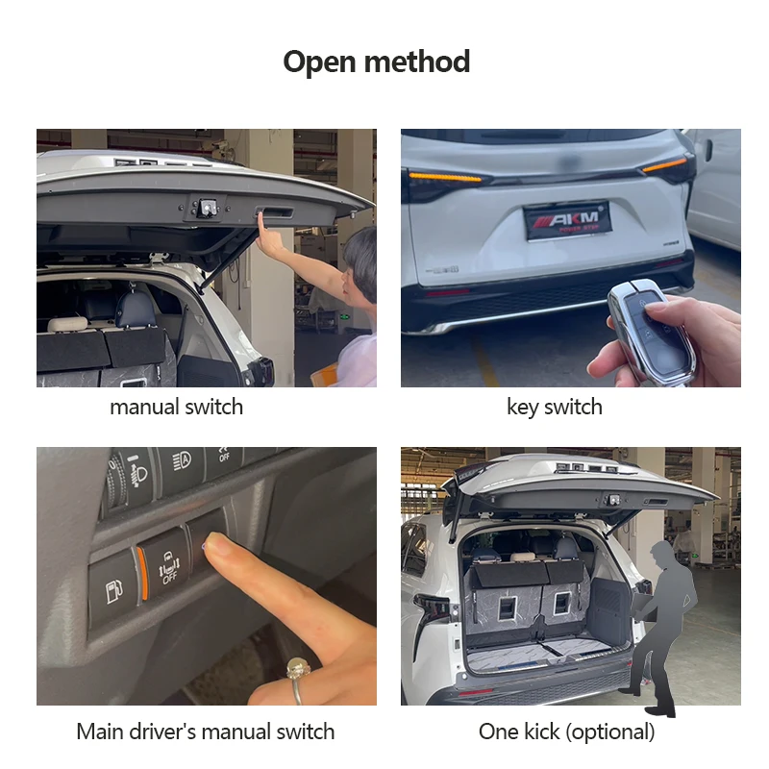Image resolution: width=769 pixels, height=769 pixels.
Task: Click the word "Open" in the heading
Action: click(319, 62)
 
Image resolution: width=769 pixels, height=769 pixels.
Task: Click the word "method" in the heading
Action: click(417, 62)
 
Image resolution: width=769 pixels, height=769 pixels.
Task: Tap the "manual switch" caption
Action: click(177, 407)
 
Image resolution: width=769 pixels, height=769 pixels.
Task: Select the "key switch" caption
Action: click(555, 407)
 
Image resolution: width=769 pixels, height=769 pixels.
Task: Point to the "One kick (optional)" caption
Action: click(567, 732)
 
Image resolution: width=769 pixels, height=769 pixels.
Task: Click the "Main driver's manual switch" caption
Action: click(206, 732)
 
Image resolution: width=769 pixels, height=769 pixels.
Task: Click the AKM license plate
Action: click(568, 221)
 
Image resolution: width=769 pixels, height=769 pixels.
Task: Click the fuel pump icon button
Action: click(113, 589)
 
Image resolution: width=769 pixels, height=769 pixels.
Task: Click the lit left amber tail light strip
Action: click(445, 177)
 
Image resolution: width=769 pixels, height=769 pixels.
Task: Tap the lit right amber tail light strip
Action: click(665, 164)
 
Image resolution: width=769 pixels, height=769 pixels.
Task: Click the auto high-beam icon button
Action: click(181, 461)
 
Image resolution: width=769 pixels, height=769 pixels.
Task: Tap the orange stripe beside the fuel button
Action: click(142, 574)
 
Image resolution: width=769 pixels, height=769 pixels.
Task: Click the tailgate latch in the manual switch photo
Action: click(207, 207)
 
